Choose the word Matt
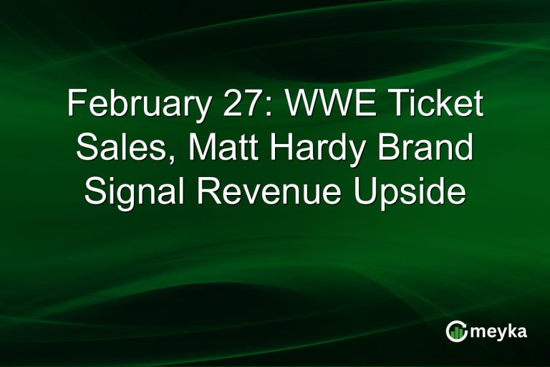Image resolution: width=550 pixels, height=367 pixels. pyautogui.click(x=214, y=149)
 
